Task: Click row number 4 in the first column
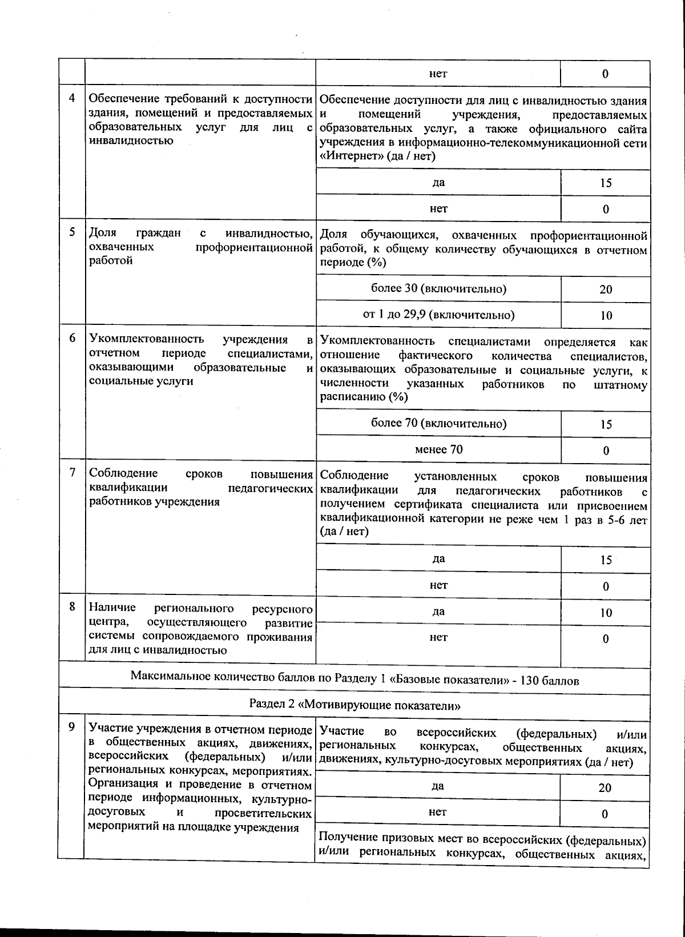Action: coord(72,98)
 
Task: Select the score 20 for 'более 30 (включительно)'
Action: coord(606,289)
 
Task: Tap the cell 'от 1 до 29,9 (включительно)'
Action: coord(438,315)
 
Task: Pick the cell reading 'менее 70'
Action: coord(438,449)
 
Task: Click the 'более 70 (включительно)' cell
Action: coord(438,424)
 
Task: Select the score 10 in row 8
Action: coord(606,613)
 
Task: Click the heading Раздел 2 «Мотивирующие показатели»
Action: coord(354,705)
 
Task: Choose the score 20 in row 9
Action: coord(605,788)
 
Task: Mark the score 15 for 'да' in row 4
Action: coord(606,183)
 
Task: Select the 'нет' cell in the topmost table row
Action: coord(438,73)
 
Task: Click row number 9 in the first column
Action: coord(72,727)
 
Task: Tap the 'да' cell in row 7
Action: coord(438,559)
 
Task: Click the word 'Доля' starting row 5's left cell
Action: coord(103,233)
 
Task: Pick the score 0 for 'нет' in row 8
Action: coord(606,639)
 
